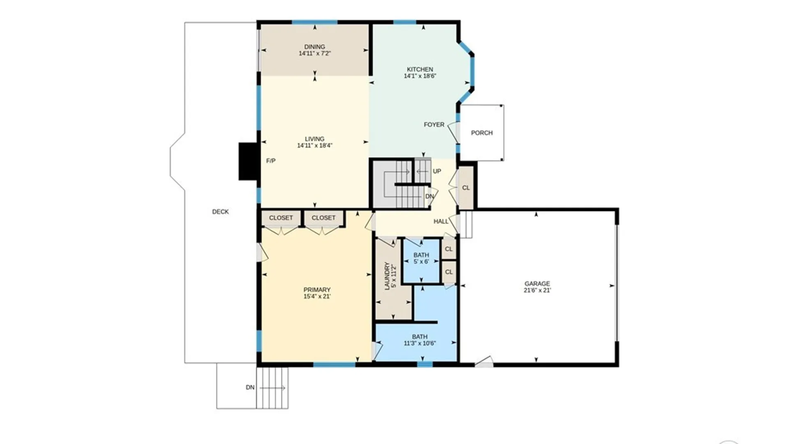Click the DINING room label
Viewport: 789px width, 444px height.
314,47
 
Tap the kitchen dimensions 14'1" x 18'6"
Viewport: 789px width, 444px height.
420,76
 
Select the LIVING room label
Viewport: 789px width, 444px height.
314,139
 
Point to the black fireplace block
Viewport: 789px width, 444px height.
249,161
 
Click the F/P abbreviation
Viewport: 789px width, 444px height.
271,161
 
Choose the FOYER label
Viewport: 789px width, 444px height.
434,125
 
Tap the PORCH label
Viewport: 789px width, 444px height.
482,133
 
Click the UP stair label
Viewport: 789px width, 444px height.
437,171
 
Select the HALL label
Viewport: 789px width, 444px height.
441,221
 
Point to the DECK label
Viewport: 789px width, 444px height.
220,212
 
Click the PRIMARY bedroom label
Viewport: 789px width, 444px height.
317,290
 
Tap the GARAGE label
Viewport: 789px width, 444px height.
537,284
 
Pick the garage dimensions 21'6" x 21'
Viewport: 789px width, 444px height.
537,290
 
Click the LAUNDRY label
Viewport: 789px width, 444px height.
387,276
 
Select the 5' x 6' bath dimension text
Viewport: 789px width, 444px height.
421,261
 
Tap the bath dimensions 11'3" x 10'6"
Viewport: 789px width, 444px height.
420,343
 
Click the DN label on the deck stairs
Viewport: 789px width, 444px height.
250,387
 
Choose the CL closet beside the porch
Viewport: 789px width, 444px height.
466,188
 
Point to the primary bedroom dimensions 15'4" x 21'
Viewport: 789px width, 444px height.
317,296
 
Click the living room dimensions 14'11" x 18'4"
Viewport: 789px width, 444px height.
314,146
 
